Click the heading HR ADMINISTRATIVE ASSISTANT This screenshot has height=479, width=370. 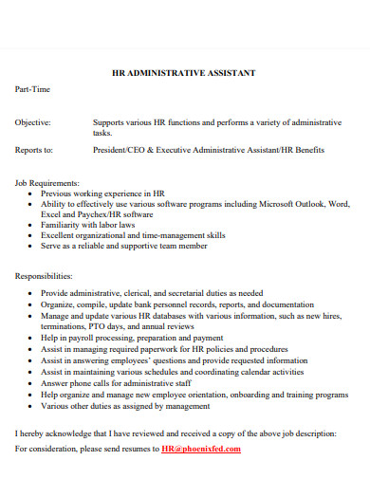pyautogui.click(x=184, y=72)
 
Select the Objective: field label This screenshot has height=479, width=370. pyautogui.click(x=33, y=122)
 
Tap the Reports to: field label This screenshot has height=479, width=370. pyautogui.click(x=34, y=150)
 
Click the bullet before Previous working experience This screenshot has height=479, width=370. pyautogui.click(x=31, y=193)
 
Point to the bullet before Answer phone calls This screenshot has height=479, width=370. pyautogui.click(x=31, y=383)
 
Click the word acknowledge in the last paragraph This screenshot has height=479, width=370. pyautogui.click(x=66, y=433)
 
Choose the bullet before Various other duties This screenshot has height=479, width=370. pyautogui.click(x=31, y=404)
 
